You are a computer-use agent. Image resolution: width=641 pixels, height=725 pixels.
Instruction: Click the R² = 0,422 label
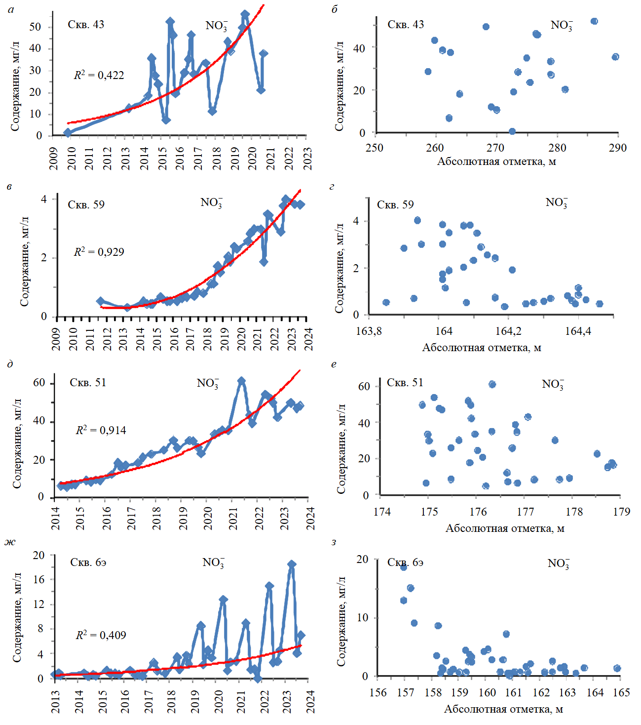tap(99, 75)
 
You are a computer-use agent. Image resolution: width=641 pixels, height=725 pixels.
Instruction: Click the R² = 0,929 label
tap(99, 252)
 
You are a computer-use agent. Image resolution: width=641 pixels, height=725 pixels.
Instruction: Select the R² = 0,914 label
tap(101, 430)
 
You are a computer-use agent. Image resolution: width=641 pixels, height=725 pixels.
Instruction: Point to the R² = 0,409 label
tap(101, 635)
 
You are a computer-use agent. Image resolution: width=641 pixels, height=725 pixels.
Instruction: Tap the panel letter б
tap(335, 9)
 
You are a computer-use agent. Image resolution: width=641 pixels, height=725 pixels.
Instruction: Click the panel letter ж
tap(10, 542)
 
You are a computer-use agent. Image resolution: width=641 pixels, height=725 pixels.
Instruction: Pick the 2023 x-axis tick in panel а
tap(307, 158)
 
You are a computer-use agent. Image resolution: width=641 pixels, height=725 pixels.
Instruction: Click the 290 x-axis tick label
tap(617, 148)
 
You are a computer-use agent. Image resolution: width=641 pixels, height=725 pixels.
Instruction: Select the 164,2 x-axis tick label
tap(508, 331)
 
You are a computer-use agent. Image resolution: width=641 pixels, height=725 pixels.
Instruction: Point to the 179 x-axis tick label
tap(621, 512)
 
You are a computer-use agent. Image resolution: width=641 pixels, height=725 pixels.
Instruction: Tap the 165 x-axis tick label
tap(621, 692)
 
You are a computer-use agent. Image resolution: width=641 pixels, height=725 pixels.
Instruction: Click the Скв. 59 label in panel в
tap(86, 204)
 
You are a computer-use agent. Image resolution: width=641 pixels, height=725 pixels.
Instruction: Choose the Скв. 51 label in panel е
tap(405, 383)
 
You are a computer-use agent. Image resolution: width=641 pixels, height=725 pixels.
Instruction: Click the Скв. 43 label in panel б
tap(405, 25)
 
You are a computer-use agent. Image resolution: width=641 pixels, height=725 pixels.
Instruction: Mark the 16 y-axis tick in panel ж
tap(38, 580)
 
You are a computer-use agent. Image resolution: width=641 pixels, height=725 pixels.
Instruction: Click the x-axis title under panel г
tap(481, 348)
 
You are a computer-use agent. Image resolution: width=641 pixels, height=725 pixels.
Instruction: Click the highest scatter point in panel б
tap(594, 21)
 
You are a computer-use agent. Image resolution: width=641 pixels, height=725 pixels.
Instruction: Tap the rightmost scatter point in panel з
tap(617, 668)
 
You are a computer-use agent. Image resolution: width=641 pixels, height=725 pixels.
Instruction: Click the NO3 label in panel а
tap(216, 26)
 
